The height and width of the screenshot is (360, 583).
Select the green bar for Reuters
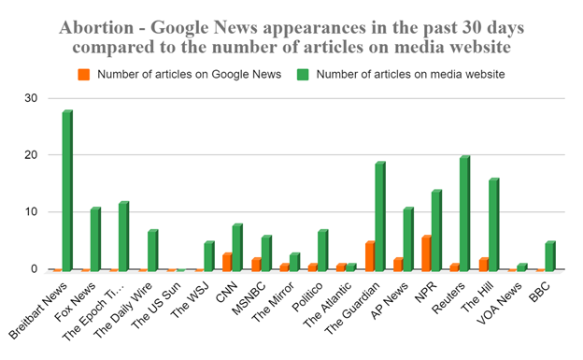coord(464,214)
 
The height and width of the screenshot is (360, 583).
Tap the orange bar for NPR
coord(426,253)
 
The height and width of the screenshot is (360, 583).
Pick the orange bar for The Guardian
coord(369,256)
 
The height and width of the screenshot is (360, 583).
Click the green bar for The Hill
coord(493,225)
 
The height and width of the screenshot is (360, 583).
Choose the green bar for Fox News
coord(95,239)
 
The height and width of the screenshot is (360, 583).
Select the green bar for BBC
coord(550,256)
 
